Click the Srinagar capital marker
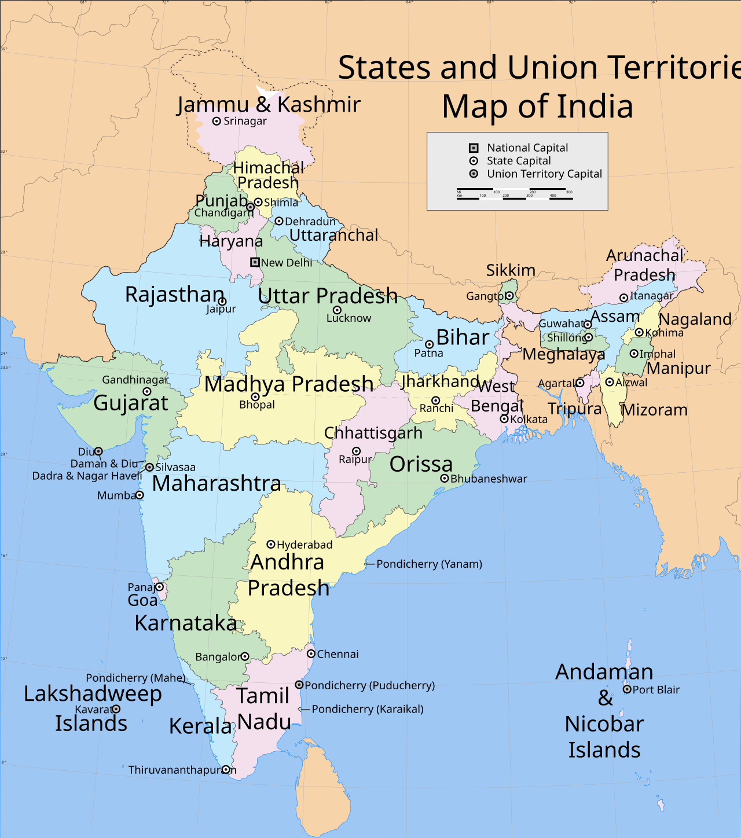click(x=217, y=122)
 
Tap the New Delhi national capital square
click(x=255, y=262)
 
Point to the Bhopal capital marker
click(x=255, y=397)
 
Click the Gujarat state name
click(x=131, y=403)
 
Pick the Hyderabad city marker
click(x=270, y=545)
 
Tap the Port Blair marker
click(x=627, y=689)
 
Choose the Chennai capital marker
click(x=311, y=654)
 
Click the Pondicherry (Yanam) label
click(x=429, y=564)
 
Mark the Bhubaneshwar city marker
click(x=445, y=479)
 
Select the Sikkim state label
click(x=511, y=270)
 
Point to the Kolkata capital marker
click(x=504, y=419)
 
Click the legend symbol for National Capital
click(x=474, y=148)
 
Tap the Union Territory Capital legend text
click(x=544, y=174)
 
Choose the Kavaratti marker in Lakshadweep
click(x=116, y=709)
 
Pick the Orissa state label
click(x=421, y=464)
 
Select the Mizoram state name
click(x=655, y=410)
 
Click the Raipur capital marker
click(x=356, y=451)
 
